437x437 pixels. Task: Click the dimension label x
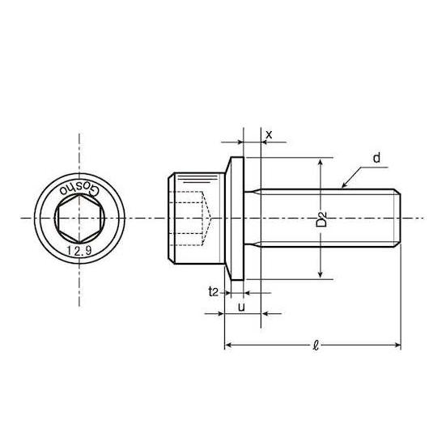(269, 135)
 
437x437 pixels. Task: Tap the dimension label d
(376, 158)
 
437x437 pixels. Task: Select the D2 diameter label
(321, 218)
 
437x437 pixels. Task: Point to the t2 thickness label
(213, 292)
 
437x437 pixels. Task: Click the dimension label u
(242, 308)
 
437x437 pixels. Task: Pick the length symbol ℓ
(316, 346)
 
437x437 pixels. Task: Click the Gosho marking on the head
(79, 189)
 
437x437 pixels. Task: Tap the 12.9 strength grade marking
(79, 251)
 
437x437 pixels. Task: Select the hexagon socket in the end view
(79, 218)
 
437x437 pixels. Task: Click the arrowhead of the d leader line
(344, 185)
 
